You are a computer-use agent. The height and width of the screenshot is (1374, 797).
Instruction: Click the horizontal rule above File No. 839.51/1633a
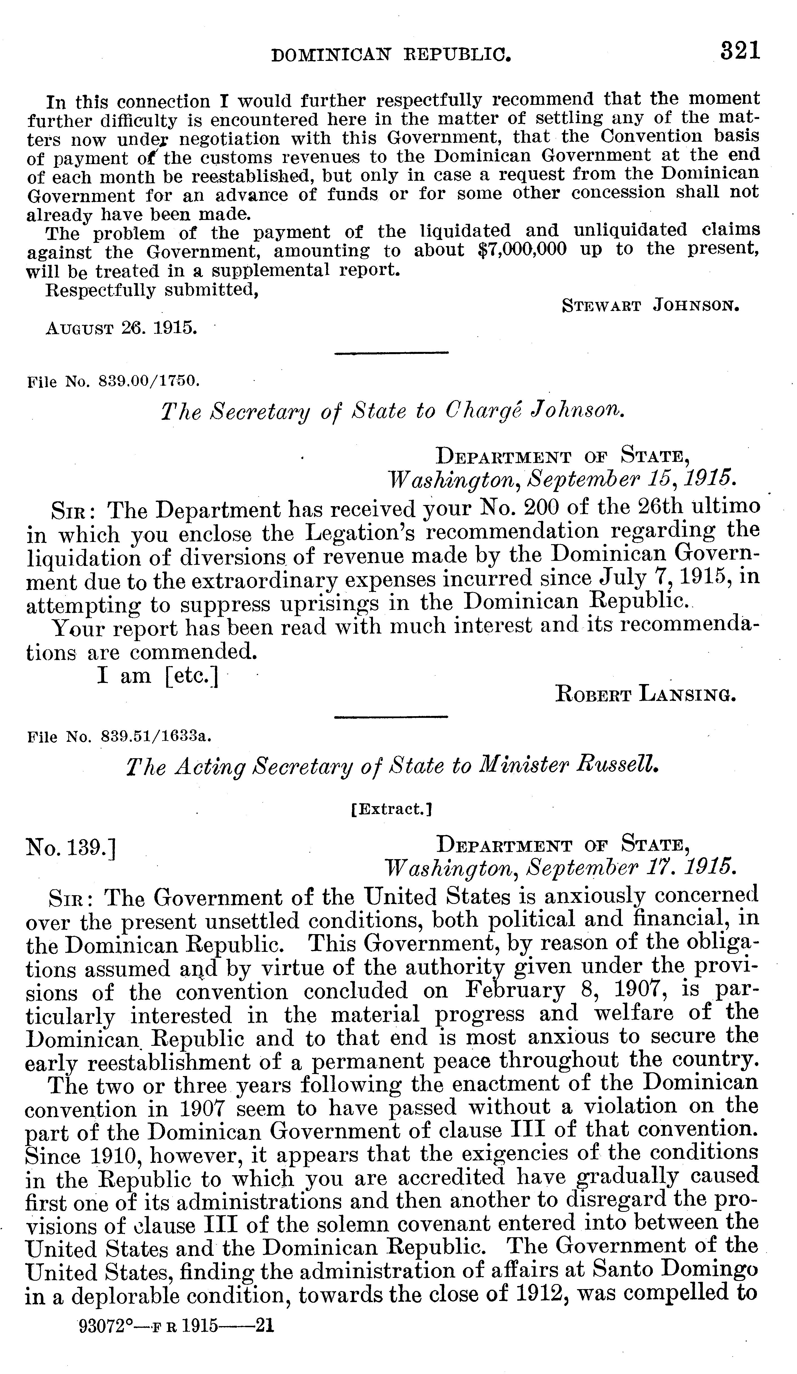(x=390, y=716)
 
